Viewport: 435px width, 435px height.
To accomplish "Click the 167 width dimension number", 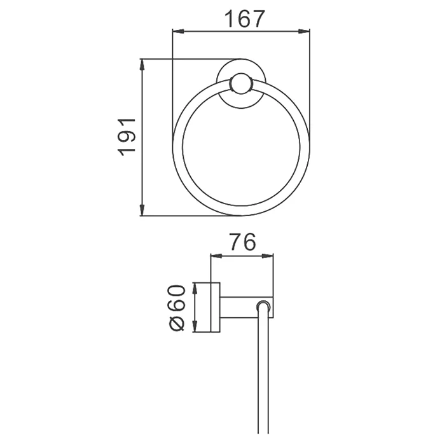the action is pyautogui.click(x=245, y=18).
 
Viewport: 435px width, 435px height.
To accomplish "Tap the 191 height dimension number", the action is pyautogui.click(x=127, y=137).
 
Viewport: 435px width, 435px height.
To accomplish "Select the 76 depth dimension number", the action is pyautogui.click(x=242, y=242).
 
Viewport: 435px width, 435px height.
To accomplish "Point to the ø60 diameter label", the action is pyautogui.click(x=176, y=307).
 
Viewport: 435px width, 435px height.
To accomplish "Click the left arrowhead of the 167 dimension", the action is pyautogui.click(x=178, y=31).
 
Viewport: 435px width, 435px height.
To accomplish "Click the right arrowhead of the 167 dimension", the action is pyautogui.click(x=304, y=31).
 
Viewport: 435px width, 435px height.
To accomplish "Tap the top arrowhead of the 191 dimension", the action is pyautogui.click(x=142, y=65).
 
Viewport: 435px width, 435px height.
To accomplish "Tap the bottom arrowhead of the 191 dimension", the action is pyautogui.click(x=142, y=210).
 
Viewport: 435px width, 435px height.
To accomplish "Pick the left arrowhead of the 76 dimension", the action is pyautogui.click(x=217, y=256).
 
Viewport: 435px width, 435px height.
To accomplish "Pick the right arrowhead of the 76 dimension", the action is pyautogui.click(x=268, y=256).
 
